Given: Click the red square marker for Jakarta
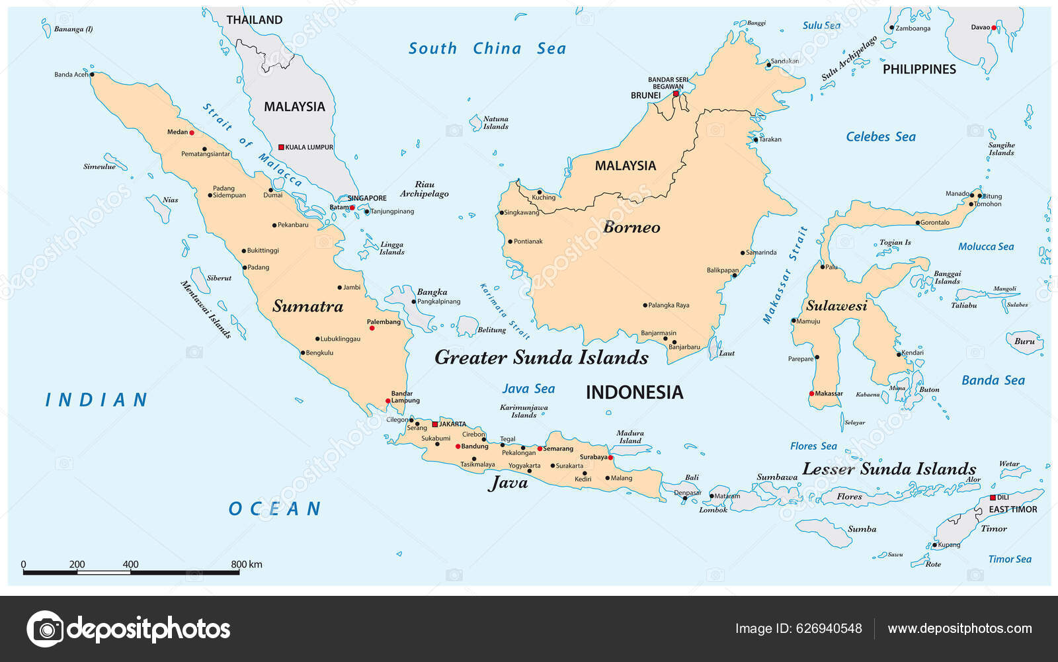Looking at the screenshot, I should pos(434,425).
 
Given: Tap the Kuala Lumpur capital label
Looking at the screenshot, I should pos(309,147).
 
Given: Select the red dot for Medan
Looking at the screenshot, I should pos(192,133).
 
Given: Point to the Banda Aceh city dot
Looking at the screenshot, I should pos(92,75).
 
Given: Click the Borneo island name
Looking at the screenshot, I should pos(631,228).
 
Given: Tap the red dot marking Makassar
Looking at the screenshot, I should pos(812,393).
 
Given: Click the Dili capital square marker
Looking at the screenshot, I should pos(993,497).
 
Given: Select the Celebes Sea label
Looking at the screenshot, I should pos(881,137).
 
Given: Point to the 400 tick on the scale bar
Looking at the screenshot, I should pos(131,570).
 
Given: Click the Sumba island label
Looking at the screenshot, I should pos(862,529).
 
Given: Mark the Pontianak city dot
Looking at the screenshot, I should pos(510,241).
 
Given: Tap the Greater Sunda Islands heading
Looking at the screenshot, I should pos(541,358).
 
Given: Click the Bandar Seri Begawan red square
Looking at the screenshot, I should pos(676,94).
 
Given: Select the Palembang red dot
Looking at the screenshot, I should pos(372,328).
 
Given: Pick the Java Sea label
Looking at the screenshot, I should pos(528,389).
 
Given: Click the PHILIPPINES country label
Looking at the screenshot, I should pos(919,69).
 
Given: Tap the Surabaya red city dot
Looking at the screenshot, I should pos(610,458).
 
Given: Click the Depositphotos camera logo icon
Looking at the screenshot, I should pos(45,628).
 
